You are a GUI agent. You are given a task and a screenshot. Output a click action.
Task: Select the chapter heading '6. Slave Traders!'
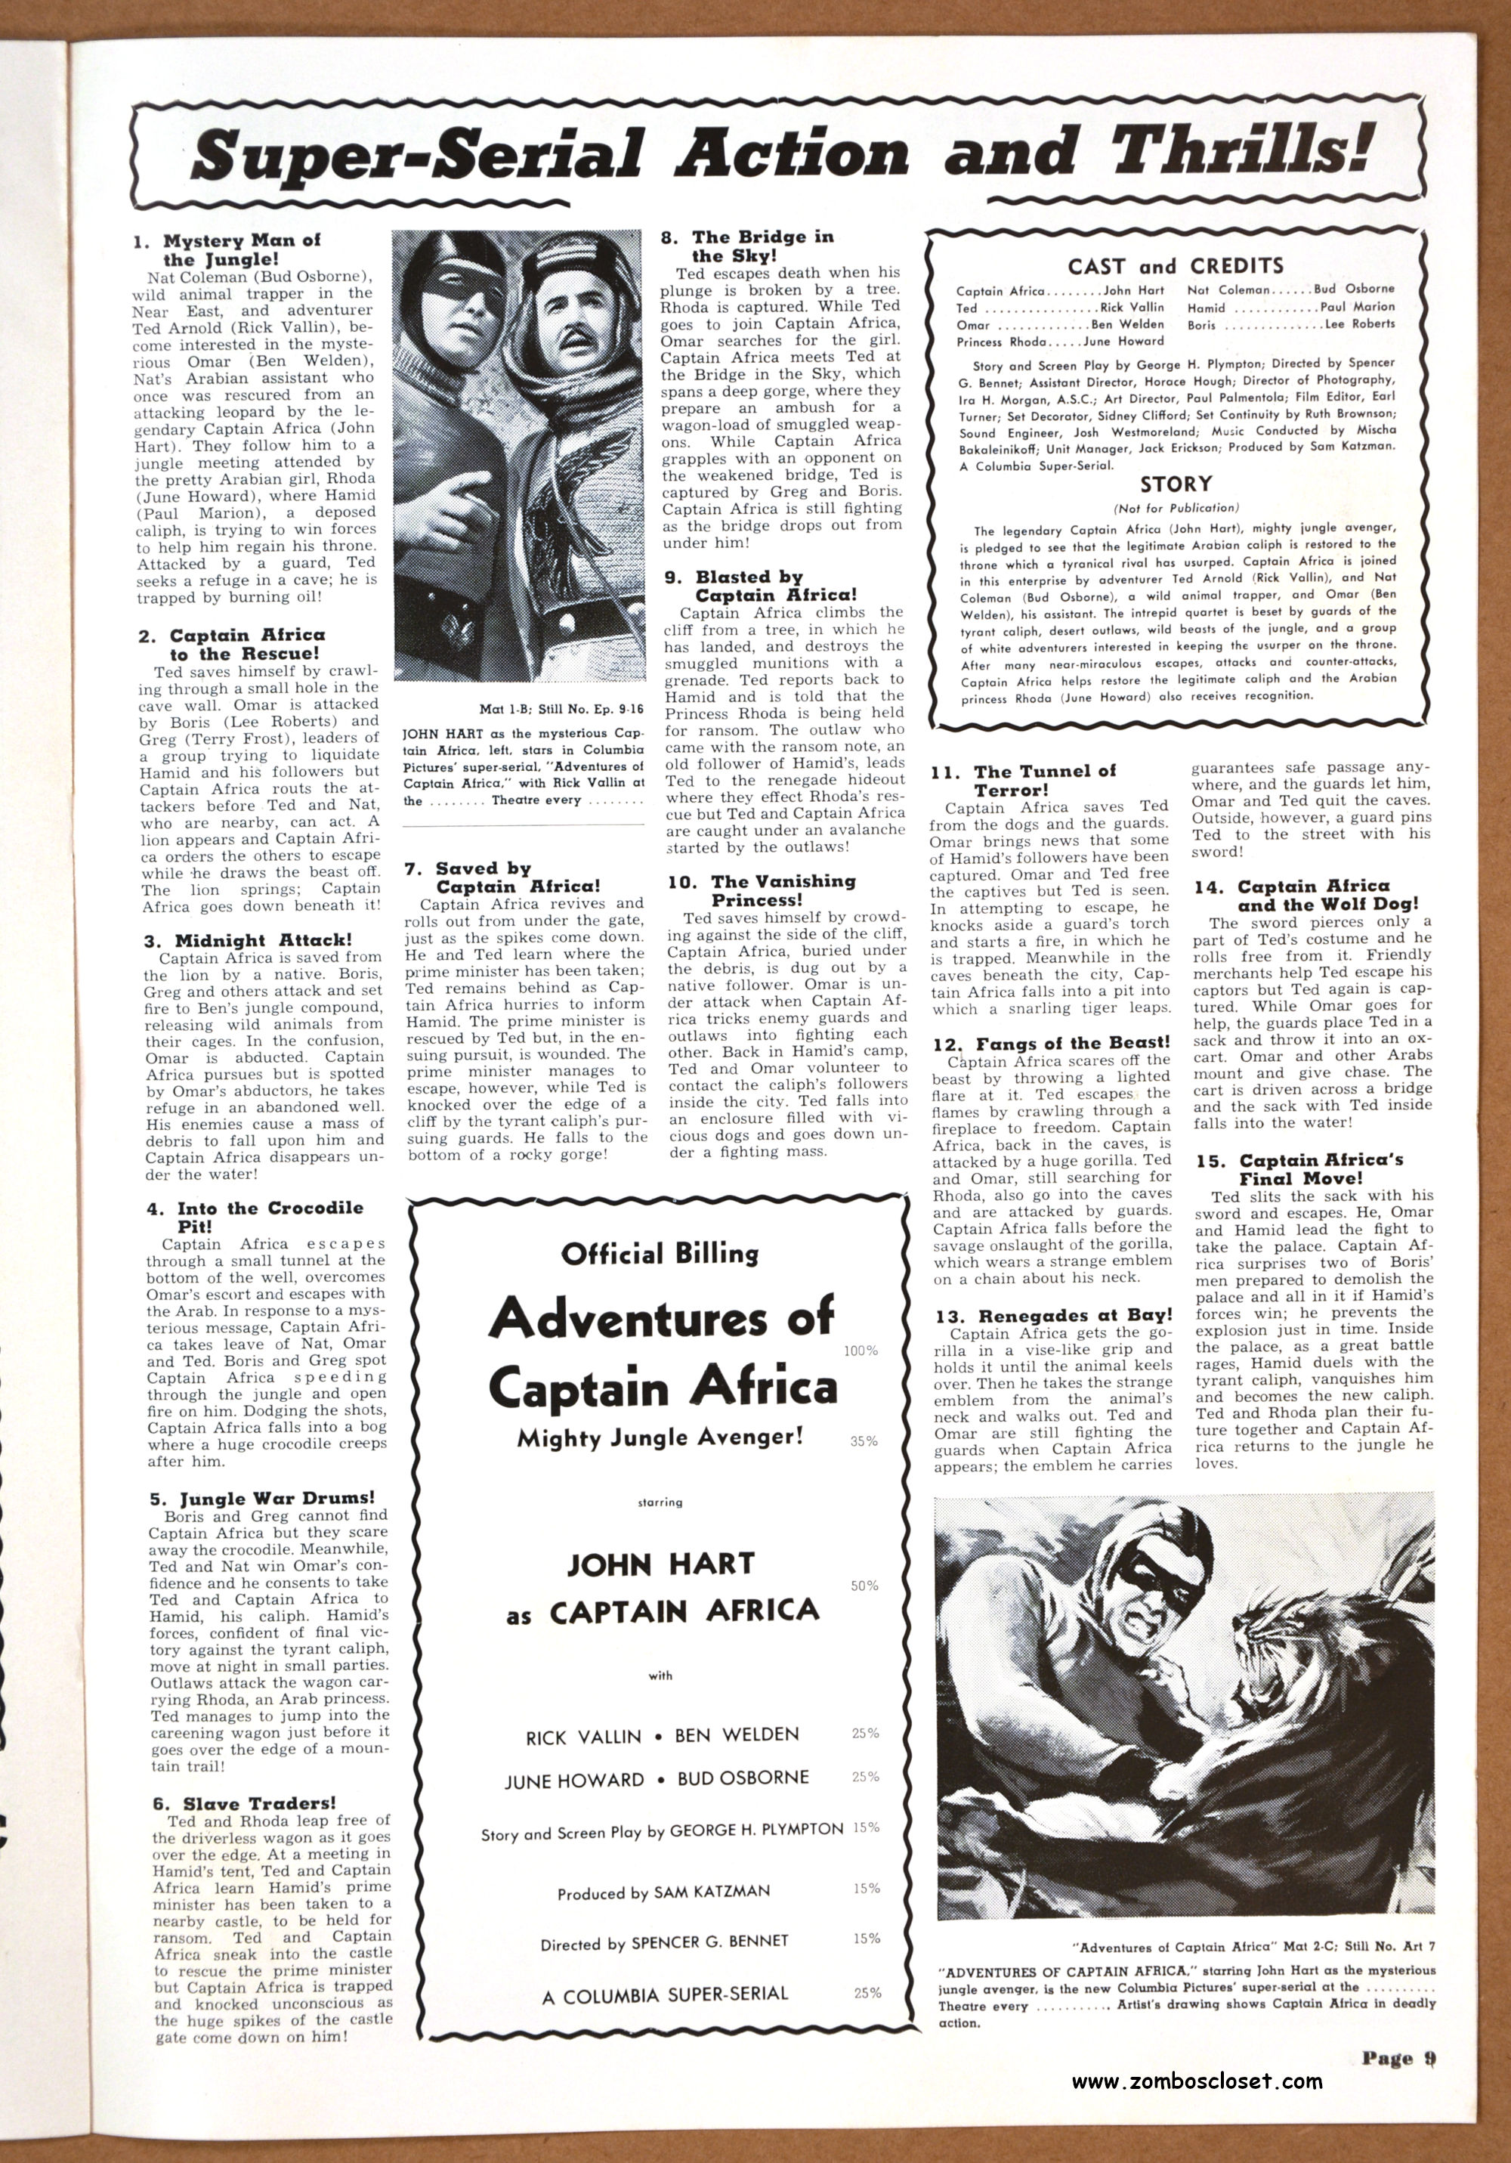(x=244, y=1803)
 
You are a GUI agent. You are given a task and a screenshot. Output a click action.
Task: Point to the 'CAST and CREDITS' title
(x=1176, y=266)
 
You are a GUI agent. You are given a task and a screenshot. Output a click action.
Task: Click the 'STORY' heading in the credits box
(x=1176, y=484)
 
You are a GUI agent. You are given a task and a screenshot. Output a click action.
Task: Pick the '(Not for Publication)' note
(x=1176, y=508)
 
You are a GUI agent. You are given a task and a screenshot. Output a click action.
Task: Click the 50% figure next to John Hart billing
(x=864, y=1586)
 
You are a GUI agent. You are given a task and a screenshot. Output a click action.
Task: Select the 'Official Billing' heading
(x=660, y=1254)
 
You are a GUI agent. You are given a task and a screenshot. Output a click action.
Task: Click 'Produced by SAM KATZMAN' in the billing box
(x=663, y=1892)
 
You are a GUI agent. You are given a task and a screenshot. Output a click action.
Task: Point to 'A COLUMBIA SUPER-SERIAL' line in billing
(x=665, y=1994)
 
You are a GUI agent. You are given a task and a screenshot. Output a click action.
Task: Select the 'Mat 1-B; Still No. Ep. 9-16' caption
(x=557, y=708)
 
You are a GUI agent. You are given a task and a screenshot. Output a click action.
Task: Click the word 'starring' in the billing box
(x=660, y=1502)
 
